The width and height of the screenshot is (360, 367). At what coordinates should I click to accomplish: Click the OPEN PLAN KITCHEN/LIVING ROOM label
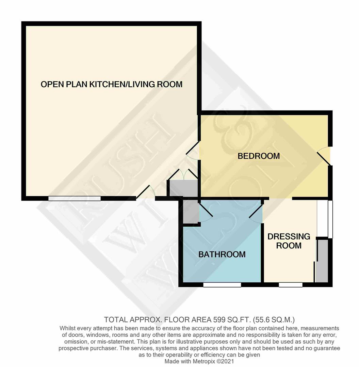point(111,84)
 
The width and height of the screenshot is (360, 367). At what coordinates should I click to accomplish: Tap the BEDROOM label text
point(259,156)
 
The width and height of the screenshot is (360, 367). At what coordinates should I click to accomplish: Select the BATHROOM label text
point(222,254)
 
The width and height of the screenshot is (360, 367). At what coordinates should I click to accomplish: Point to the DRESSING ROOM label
point(289,241)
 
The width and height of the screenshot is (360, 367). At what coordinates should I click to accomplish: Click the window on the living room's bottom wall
point(75,198)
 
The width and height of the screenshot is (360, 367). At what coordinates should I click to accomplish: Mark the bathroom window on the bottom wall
point(222,285)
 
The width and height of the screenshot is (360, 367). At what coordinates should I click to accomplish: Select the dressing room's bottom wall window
point(290,285)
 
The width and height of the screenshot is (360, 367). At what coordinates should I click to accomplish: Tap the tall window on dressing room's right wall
point(330,219)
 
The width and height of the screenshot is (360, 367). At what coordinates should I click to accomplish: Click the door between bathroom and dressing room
point(256,212)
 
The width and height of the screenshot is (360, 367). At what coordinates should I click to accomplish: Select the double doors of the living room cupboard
point(183,175)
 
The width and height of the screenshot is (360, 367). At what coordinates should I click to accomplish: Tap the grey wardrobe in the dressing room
point(322,261)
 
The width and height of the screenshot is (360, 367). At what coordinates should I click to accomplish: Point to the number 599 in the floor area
point(220,319)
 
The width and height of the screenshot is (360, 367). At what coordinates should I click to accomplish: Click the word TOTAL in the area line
point(116,319)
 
